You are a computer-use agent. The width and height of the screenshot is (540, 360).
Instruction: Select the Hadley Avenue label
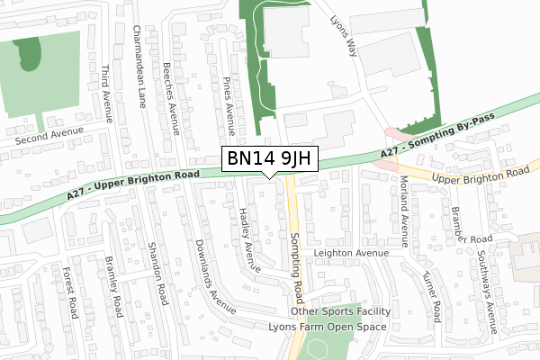[249, 238]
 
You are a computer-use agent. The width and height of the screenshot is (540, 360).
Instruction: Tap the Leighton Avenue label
[350, 254]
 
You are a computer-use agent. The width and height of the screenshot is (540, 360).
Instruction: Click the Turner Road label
[431, 297]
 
